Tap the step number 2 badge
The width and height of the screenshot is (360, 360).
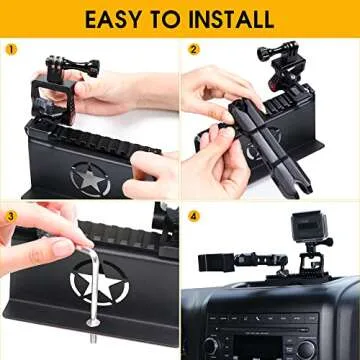194,47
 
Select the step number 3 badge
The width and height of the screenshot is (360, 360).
11,214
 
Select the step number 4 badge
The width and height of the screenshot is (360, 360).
194,214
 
